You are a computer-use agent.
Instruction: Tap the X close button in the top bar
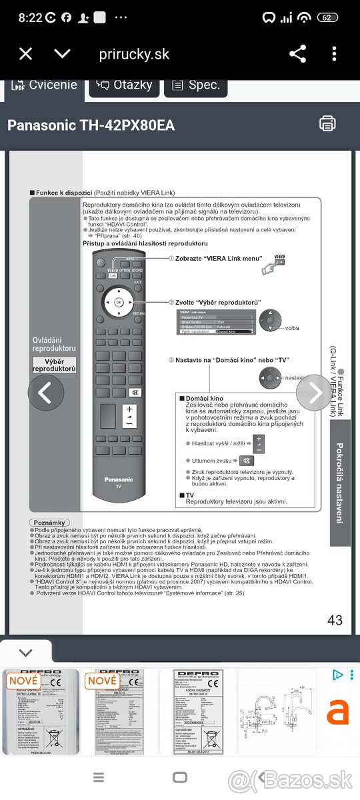(x=25, y=54)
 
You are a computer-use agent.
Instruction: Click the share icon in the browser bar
(x=297, y=54)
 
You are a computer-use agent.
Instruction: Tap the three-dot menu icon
(x=334, y=54)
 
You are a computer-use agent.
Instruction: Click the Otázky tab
(x=125, y=85)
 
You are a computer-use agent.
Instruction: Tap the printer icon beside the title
(x=327, y=123)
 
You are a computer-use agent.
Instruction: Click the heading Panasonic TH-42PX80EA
(x=91, y=125)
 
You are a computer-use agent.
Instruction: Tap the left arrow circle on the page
(x=45, y=393)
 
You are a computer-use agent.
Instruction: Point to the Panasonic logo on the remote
(x=119, y=479)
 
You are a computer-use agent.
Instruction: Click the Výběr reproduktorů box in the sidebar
(x=55, y=365)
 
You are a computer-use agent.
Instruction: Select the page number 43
(x=335, y=620)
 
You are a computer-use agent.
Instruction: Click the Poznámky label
(x=49, y=523)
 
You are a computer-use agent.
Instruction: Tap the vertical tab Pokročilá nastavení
(x=339, y=483)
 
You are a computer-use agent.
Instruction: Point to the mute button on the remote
(x=135, y=392)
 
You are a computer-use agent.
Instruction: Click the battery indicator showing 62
(x=327, y=17)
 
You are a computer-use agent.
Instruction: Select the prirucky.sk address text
(x=134, y=54)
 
